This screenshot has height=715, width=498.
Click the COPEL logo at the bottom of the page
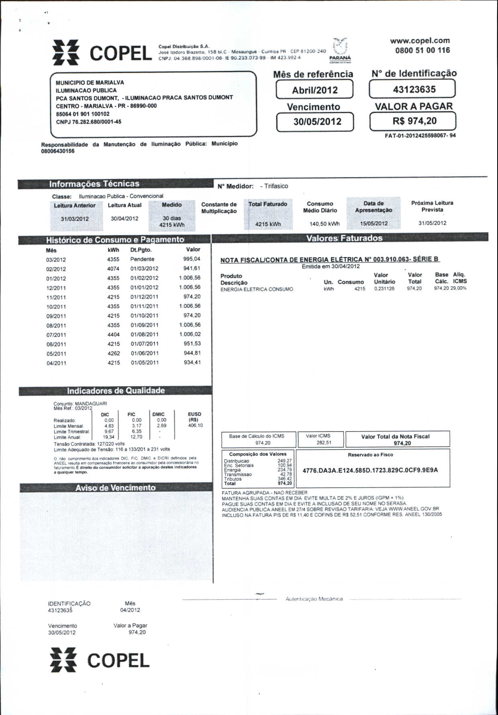[100, 660]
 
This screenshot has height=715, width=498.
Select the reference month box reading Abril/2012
[314, 90]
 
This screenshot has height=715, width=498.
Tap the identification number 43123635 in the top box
[414, 89]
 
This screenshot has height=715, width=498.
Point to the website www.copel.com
[420, 41]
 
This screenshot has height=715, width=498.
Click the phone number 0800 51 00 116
[422, 51]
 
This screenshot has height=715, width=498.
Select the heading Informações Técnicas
[94, 184]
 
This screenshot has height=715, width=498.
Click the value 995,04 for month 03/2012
[192, 259]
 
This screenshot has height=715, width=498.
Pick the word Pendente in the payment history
[142, 259]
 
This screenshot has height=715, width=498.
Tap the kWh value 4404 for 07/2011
[113, 334]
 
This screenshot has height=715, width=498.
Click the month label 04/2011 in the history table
[56, 363]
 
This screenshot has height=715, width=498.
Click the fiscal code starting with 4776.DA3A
[370, 470]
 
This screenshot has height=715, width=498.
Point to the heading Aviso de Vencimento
[115, 488]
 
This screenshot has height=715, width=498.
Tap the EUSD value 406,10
[195, 426]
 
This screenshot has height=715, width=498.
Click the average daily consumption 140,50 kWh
[324, 224]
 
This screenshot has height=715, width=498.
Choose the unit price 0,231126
[384, 289]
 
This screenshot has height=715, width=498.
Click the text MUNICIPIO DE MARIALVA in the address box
[90, 82]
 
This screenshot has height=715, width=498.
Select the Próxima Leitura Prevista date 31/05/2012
[432, 223]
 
